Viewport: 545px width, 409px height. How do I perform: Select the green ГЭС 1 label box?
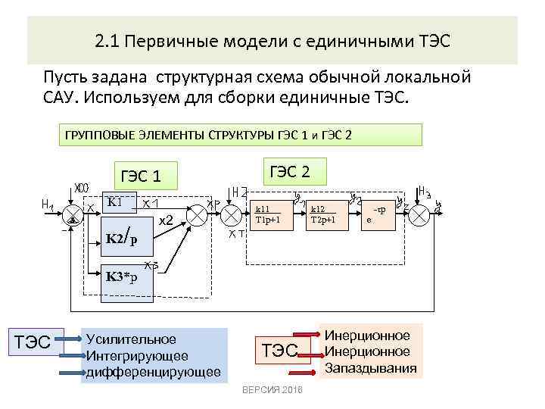(x=143, y=176)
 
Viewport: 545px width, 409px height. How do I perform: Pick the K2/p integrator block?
(x=122, y=239)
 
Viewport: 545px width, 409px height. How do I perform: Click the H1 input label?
(x=47, y=204)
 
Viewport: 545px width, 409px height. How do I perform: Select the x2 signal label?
(x=166, y=220)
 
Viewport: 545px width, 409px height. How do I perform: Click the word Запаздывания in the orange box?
(x=370, y=368)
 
